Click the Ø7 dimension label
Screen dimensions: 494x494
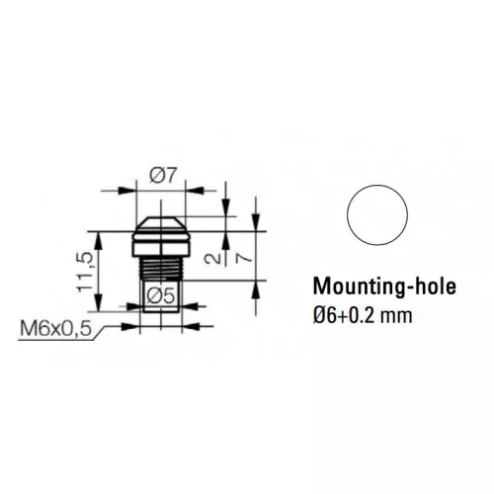163,175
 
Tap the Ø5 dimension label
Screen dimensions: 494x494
160,295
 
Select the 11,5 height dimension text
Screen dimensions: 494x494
85,272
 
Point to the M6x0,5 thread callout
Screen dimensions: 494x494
55,328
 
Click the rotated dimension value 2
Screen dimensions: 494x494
212,257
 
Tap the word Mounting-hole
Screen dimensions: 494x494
384,287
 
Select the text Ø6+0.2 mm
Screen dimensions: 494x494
363,315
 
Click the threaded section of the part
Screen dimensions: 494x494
161,268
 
